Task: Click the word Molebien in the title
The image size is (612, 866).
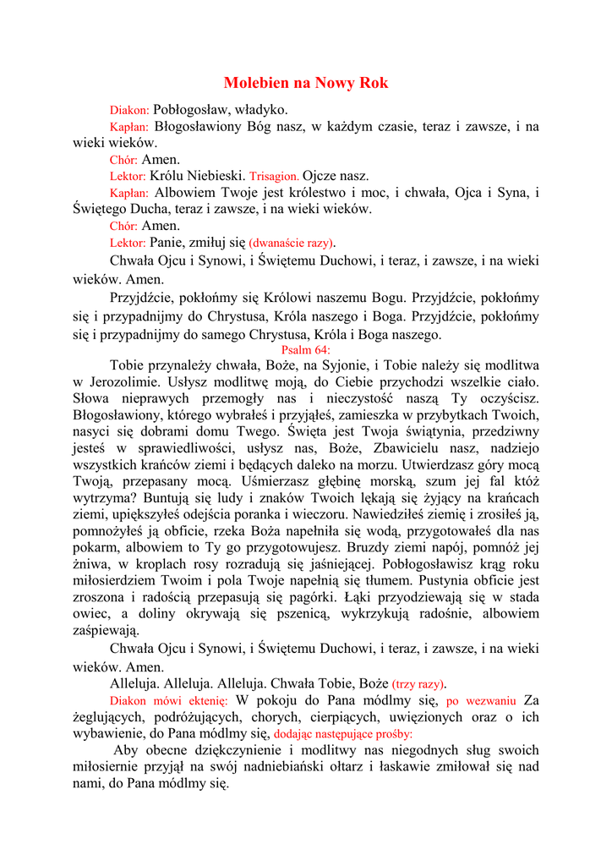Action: (x=256, y=83)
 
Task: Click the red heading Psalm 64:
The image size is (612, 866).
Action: (x=306, y=349)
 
